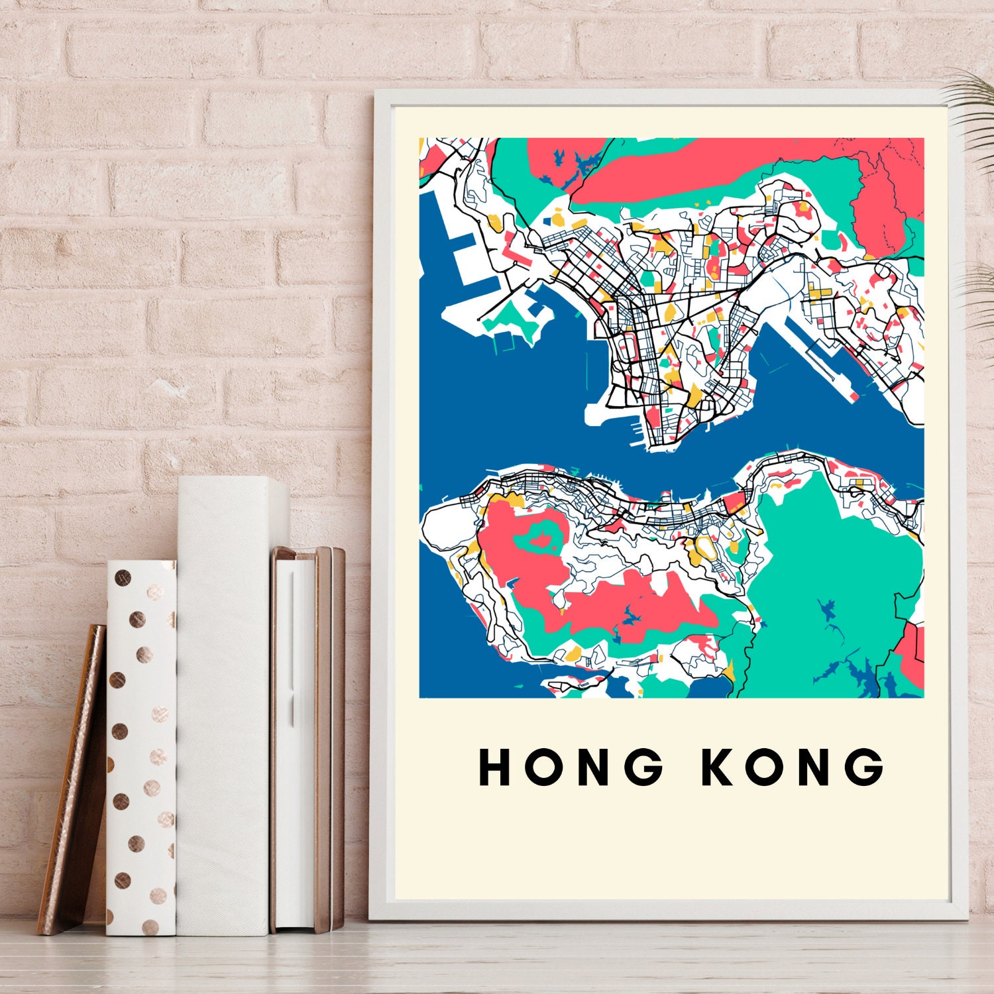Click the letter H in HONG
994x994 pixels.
point(494,767)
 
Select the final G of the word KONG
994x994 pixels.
point(865,767)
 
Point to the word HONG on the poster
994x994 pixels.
point(571,767)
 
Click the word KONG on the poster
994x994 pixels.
point(793,767)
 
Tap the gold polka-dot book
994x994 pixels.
point(140,749)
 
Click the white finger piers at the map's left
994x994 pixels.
point(464,272)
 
